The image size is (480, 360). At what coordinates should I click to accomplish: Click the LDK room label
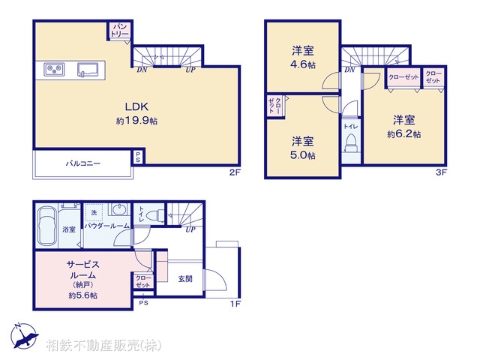pos(135,106)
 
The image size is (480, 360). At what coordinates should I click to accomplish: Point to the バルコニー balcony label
pos(82,163)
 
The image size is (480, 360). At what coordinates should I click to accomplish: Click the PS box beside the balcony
pos(138,157)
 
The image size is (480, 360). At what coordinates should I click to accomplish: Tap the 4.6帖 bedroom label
pos(303,58)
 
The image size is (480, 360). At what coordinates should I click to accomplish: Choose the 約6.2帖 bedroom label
pos(404,127)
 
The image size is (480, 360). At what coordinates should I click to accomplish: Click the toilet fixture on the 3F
pos(351,147)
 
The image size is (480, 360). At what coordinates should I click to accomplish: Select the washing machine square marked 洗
pos(94,212)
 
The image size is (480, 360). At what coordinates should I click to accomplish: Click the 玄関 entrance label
pos(185,278)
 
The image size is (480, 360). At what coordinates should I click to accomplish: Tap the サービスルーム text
pos(82,269)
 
